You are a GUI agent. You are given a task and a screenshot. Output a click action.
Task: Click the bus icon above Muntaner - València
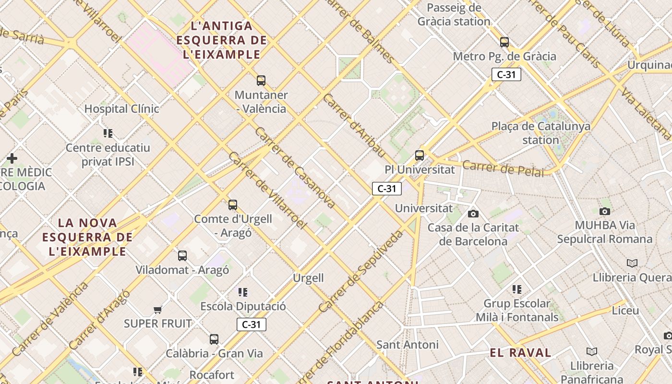click(x=261, y=81)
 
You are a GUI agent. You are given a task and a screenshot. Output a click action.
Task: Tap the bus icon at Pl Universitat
click(x=420, y=156)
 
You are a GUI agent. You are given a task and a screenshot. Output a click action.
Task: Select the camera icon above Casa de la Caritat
click(x=473, y=214)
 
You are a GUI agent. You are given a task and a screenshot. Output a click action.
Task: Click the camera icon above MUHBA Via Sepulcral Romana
click(x=605, y=211)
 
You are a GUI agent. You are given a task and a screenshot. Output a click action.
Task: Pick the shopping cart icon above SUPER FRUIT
click(x=157, y=310)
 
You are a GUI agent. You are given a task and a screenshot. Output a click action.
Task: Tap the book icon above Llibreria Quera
click(x=632, y=263)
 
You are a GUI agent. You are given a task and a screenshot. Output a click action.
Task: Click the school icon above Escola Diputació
click(x=243, y=292)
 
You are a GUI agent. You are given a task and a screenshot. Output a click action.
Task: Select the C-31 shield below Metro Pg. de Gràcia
click(x=506, y=74)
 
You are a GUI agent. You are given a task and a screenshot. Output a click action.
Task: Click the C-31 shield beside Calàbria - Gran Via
click(x=251, y=324)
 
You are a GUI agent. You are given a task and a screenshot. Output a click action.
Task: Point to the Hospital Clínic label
click(x=121, y=109)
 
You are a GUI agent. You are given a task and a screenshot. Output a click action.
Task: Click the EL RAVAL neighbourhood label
click(x=520, y=353)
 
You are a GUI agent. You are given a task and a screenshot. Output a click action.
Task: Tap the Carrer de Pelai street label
click(x=504, y=169)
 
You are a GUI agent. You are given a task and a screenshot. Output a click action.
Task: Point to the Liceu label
click(x=625, y=311)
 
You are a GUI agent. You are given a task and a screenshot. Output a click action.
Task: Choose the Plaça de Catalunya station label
click(x=540, y=133)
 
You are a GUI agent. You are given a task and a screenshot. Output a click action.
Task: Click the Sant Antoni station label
click(x=407, y=345)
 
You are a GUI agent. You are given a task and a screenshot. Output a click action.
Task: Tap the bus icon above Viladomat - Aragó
click(x=182, y=256)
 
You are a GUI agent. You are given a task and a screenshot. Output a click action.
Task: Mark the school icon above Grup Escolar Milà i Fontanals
click(x=516, y=289)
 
